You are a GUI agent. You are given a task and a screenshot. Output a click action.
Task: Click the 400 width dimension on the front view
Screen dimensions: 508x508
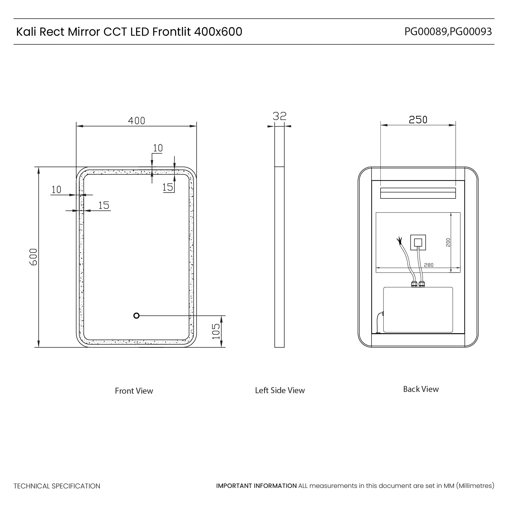coord(136,121)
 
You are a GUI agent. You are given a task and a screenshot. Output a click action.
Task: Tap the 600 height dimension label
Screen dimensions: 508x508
coord(33,257)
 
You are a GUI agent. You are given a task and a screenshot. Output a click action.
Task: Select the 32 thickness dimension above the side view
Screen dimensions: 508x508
coord(279,116)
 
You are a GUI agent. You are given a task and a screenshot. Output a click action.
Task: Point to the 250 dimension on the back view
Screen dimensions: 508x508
coord(418,120)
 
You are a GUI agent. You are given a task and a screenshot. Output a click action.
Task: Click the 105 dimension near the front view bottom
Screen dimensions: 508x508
coord(216,331)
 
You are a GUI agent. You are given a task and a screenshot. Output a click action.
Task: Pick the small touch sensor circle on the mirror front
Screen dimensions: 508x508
coord(136,316)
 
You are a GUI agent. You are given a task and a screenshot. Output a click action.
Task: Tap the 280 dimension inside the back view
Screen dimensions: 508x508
coord(429,265)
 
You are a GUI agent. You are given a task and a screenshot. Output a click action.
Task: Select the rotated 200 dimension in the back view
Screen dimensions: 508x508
coord(448,242)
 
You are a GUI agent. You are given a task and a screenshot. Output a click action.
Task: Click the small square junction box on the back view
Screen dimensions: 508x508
coord(418,242)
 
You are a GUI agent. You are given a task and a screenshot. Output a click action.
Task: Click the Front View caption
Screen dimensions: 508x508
coord(134,391)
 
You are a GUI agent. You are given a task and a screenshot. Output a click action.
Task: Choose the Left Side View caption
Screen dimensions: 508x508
coord(280,390)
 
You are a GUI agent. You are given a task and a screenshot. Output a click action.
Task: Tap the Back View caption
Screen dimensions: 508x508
coord(421,389)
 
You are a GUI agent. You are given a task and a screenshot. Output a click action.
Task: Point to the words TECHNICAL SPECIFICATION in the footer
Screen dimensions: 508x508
coord(57,486)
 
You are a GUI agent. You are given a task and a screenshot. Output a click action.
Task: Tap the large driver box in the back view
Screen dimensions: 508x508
coord(418,310)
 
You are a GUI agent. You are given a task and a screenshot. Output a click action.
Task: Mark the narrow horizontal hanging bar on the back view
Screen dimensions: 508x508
coord(418,193)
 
